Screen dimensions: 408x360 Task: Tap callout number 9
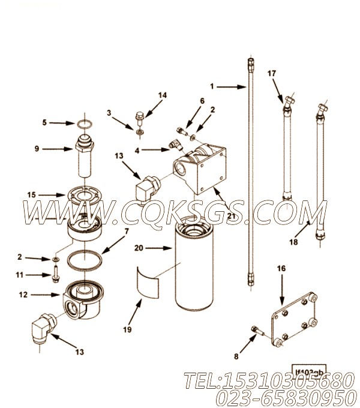pyautogui.click(x=53, y=149)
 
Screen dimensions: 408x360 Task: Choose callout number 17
pyautogui.click(x=272, y=73)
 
